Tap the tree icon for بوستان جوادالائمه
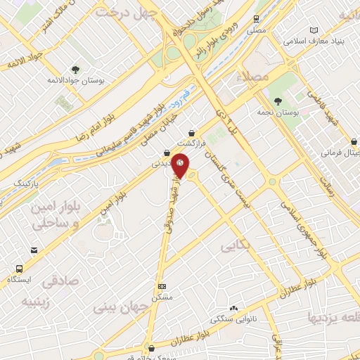point(75,69)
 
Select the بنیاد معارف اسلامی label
point(312,41)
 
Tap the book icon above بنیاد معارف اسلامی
point(314,30)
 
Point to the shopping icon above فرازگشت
point(191,131)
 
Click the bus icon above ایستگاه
point(18,269)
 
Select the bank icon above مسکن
point(162,286)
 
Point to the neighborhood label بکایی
point(236,247)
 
